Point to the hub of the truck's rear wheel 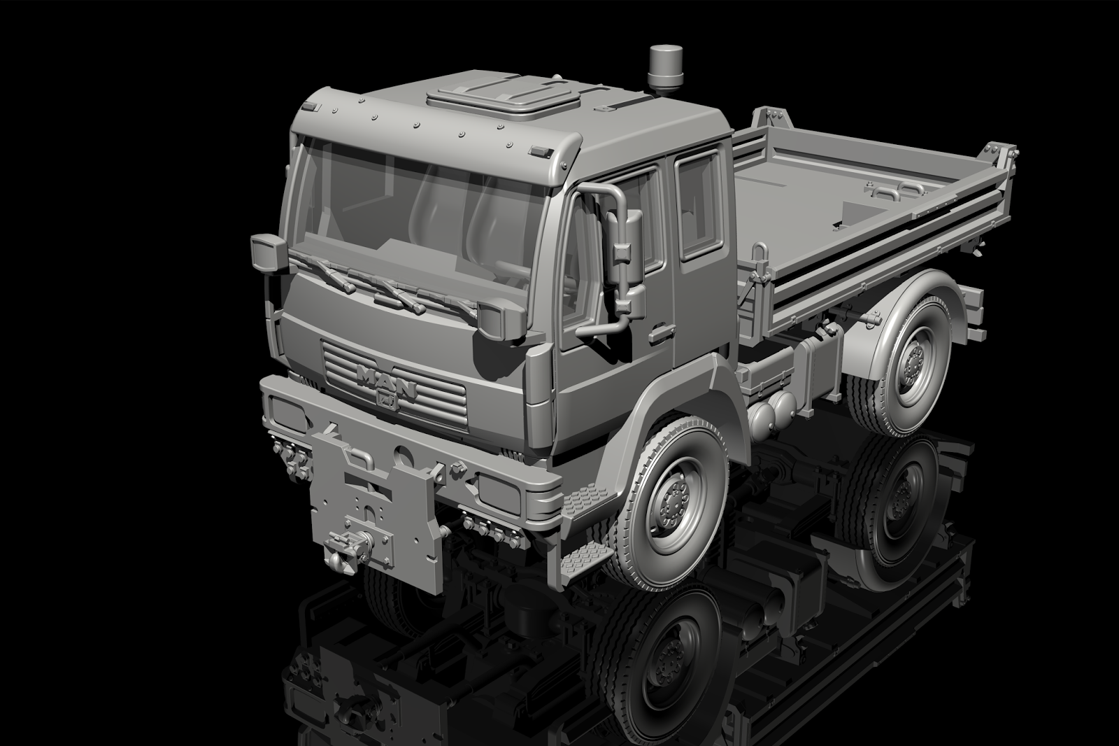click(x=913, y=362)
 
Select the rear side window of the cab click(x=698, y=207)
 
